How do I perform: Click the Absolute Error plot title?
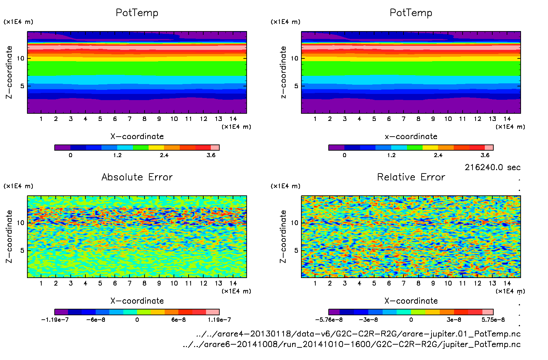137,177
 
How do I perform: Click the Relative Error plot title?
411,177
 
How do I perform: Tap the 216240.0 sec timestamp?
492,167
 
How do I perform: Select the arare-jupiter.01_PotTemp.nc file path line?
358,334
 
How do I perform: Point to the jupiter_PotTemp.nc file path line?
352,344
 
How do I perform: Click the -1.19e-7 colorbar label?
55,320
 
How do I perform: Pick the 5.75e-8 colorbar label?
493,320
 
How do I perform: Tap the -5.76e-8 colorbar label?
329,320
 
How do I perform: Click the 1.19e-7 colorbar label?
219,320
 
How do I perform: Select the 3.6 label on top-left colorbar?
211,155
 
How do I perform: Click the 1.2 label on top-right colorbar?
391,155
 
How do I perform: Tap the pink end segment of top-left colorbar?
215,148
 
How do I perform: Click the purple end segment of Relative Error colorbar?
334,312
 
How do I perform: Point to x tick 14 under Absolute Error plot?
233,283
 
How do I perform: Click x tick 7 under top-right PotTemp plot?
403,119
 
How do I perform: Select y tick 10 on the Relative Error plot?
294,223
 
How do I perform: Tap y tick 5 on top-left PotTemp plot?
22,86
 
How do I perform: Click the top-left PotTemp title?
137,13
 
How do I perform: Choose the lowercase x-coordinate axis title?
411,136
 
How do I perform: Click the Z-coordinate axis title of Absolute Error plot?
9,236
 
